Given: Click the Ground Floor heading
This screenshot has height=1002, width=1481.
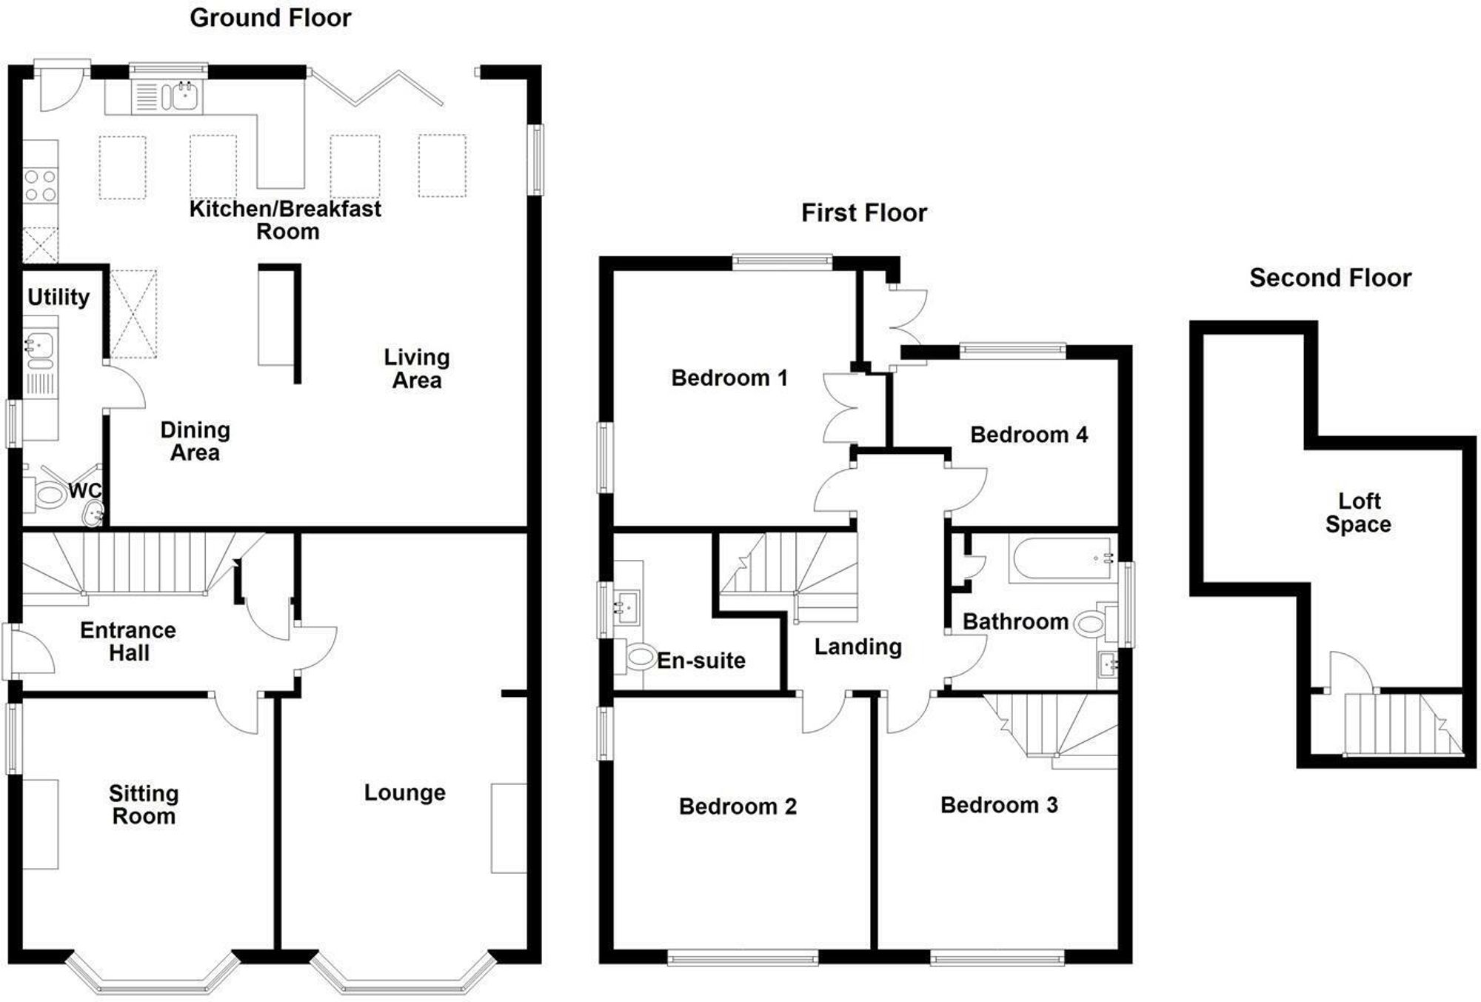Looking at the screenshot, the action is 270,18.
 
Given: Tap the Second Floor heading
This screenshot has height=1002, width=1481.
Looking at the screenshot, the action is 1330,278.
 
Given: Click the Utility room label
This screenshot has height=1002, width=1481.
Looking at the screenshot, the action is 58,298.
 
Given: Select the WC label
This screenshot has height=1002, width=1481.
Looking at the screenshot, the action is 84,491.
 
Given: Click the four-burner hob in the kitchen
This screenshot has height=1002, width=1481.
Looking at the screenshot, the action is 40,185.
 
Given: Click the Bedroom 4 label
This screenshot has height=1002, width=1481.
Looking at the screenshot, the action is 1029,435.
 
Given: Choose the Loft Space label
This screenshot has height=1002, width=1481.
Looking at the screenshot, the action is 1359,512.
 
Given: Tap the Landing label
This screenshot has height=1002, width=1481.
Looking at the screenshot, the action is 858,647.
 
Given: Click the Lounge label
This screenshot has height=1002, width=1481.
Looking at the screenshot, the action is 404,793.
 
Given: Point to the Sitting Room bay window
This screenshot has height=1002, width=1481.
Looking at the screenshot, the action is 153,973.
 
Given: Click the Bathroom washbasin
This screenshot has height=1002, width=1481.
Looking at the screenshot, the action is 1108,664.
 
